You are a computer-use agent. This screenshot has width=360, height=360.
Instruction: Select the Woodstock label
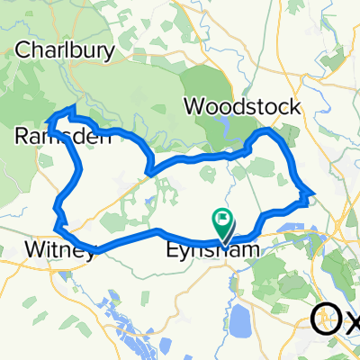tap(242, 106)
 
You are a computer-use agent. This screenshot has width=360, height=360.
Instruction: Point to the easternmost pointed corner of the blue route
tap(313, 192)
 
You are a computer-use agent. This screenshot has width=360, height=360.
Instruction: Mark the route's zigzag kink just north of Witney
tap(58, 214)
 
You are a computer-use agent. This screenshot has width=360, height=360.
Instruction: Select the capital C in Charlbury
tap(22, 49)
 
